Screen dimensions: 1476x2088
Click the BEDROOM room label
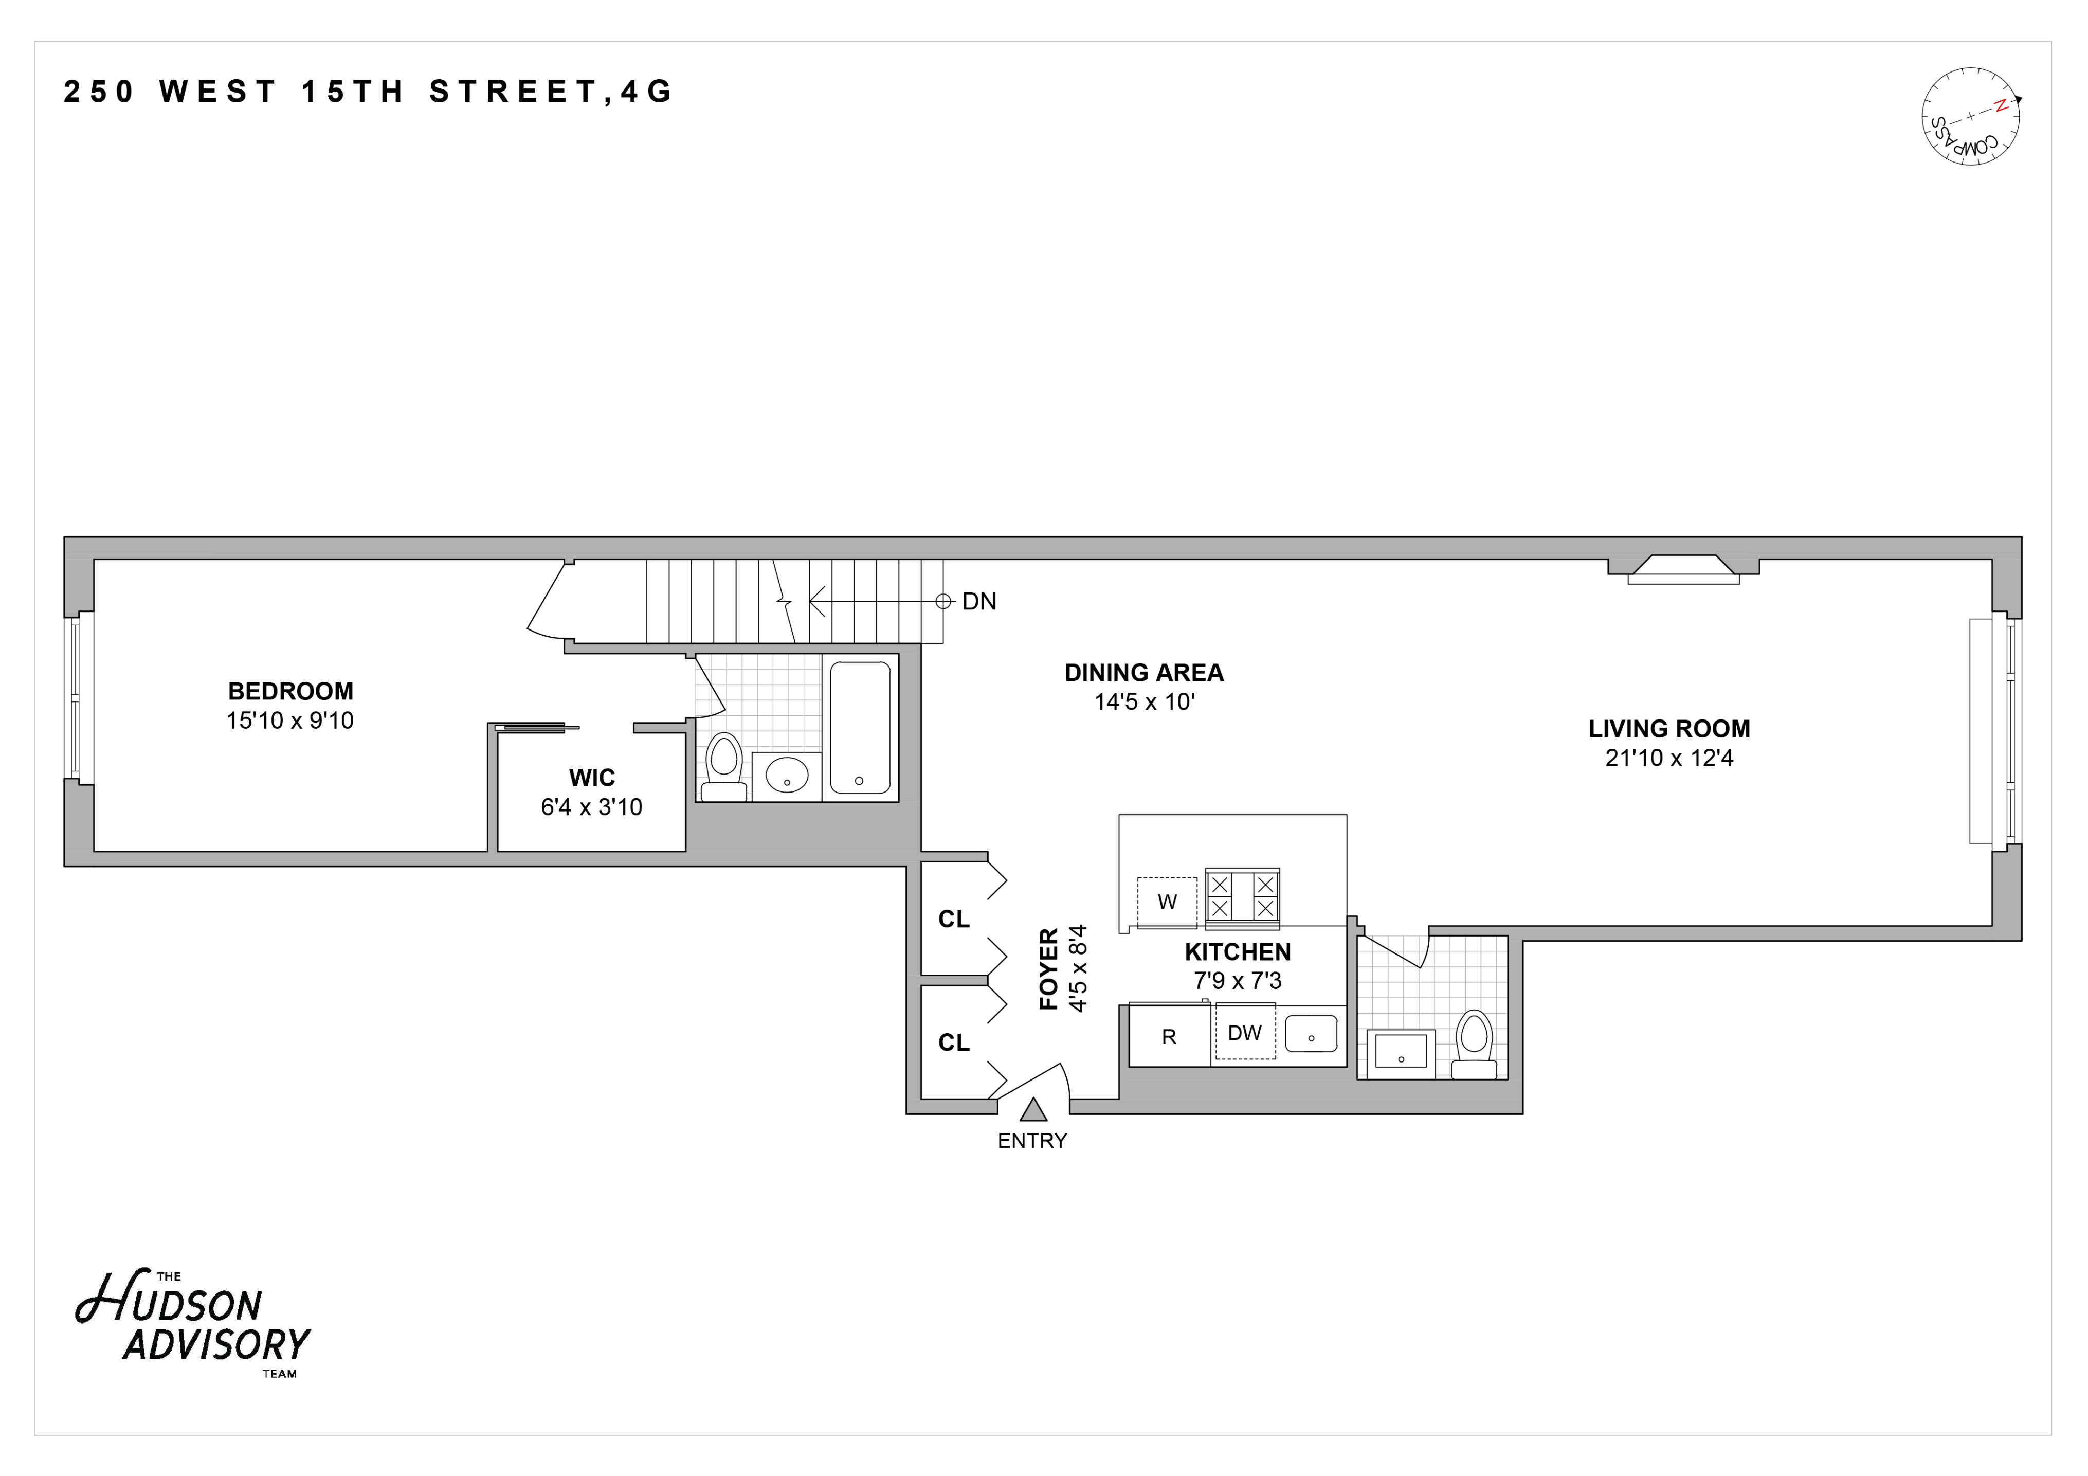(x=290, y=691)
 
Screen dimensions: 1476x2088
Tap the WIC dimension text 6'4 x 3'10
(x=591, y=807)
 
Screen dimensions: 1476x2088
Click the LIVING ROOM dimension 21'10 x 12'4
(x=1669, y=759)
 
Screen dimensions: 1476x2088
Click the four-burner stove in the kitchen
(x=1242, y=897)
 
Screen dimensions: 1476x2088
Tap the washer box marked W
(x=1167, y=902)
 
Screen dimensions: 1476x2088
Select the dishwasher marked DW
(x=1244, y=1033)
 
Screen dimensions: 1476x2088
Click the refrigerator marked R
(x=1170, y=1037)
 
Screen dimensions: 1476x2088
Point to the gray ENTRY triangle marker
(x=1032, y=1110)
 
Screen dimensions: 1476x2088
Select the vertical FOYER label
(x=1048, y=969)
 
